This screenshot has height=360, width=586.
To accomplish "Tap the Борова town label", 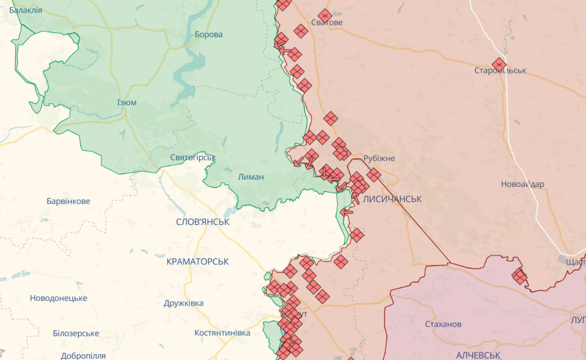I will click(x=208, y=34).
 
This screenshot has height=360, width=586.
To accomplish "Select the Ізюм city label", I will click(x=127, y=103).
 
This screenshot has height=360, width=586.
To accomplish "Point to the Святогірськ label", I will click(x=193, y=157).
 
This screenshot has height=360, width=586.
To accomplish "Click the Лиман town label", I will click(x=252, y=177).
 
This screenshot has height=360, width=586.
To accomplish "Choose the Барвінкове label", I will click(x=68, y=201).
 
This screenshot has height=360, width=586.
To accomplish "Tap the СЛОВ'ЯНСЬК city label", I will click(x=203, y=222).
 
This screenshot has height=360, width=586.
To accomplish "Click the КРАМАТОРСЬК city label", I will click(x=198, y=261).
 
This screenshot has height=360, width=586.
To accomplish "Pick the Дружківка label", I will click(x=184, y=303).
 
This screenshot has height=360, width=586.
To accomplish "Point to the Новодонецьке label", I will click(x=58, y=298).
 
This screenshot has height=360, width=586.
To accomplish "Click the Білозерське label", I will click(x=76, y=333).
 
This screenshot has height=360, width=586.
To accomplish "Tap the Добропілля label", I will click(x=83, y=356).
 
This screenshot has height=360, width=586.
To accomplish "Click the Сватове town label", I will click(x=327, y=23).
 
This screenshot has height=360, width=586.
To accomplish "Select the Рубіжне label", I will click(x=379, y=158).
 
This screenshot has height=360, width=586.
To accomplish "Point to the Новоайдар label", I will click(x=522, y=184).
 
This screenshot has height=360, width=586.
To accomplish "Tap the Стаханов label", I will click(x=443, y=324).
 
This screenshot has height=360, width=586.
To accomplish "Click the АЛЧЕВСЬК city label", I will click(x=478, y=356).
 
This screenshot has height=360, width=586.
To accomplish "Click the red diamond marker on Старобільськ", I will click(x=499, y=64).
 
